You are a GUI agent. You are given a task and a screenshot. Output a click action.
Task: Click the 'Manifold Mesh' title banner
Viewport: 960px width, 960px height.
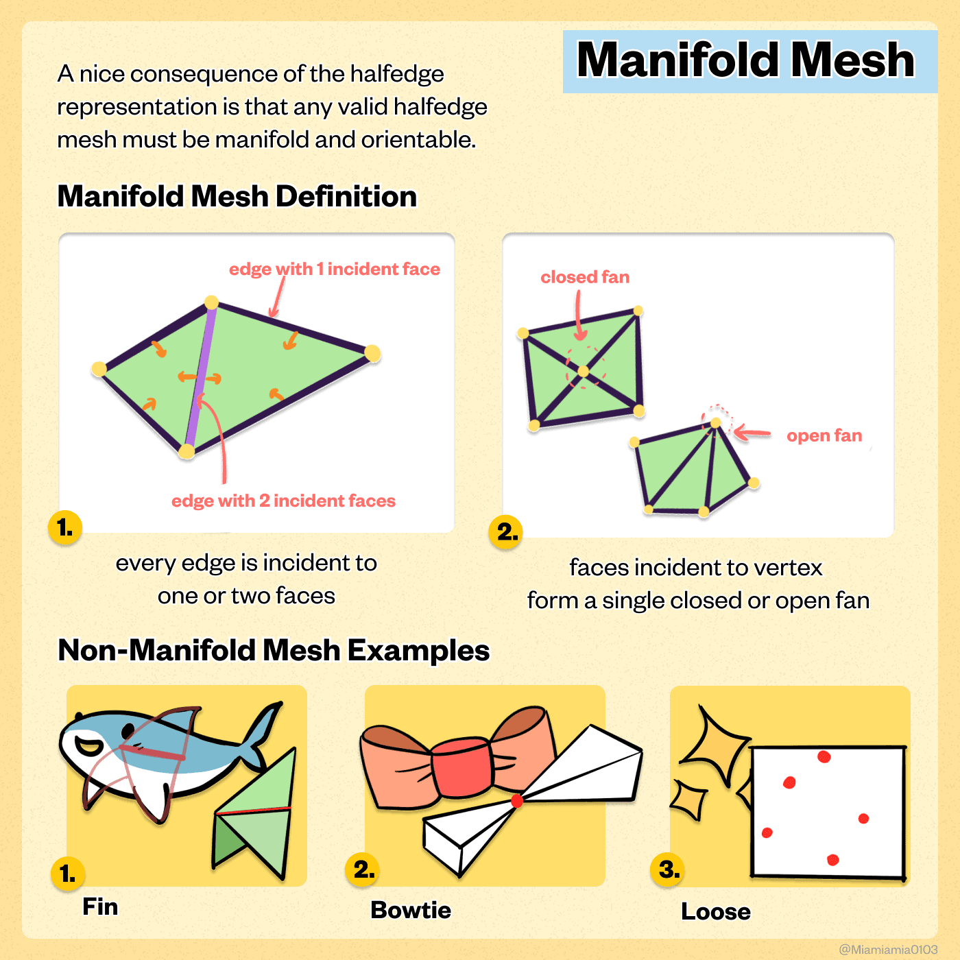point(749,61)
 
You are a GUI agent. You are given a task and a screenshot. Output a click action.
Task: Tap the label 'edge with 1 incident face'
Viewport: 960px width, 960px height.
point(334,269)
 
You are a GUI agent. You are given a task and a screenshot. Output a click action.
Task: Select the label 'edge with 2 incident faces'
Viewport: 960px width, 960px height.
point(283,501)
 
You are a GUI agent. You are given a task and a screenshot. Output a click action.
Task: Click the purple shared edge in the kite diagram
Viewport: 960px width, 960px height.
point(200,376)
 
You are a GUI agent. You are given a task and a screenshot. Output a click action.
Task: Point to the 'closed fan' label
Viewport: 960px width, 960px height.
point(585,277)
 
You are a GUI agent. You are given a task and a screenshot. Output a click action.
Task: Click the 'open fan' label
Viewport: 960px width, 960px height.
point(824,435)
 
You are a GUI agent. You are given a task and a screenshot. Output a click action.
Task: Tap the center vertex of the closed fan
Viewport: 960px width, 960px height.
point(584,371)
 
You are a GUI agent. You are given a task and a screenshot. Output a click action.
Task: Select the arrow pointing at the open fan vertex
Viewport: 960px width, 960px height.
point(752,433)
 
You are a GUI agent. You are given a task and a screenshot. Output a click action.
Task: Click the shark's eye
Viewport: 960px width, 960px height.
point(128,730)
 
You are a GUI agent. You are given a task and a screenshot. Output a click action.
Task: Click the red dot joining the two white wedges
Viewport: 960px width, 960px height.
point(517,801)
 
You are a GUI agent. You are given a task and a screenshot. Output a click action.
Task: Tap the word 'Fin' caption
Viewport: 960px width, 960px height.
point(100,907)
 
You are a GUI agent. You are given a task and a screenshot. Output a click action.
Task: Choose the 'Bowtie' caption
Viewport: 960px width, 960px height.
point(411,910)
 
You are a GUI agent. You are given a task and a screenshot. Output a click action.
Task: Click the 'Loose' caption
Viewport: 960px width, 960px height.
point(716,912)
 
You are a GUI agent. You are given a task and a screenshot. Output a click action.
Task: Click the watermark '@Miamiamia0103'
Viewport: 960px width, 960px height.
point(888,950)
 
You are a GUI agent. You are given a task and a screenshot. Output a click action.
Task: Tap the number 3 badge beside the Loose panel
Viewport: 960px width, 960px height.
point(668,870)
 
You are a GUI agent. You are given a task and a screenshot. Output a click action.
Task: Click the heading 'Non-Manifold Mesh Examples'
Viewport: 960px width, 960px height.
point(274,650)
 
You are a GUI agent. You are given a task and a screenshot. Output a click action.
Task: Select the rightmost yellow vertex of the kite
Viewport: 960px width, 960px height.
point(372,353)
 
